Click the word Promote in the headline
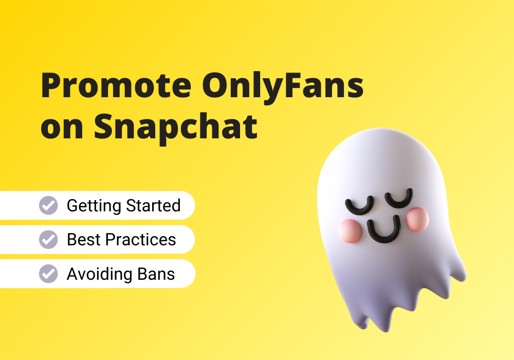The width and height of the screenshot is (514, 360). (x=116, y=85)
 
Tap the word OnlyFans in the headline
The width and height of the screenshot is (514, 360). (x=283, y=87)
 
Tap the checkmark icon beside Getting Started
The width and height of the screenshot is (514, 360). (x=48, y=206)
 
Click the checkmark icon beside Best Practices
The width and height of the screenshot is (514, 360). (x=48, y=240)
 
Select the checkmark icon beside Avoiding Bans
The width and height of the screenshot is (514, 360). (x=48, y=274)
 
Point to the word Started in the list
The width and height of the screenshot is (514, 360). (x=153, y=206)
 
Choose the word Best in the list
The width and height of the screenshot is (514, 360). (x=84, y=240)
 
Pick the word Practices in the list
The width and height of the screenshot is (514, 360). (x=140, y=240)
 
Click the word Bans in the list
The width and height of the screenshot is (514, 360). (x=156, y=274)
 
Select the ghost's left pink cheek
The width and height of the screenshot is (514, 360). (x=350, y=231)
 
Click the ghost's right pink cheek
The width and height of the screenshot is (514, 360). (x=417, y=220)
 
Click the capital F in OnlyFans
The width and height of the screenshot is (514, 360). (x=293, y=85)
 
